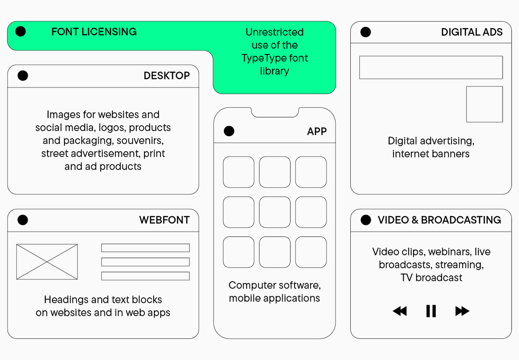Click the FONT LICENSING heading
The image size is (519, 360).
pyautogui.click(x=94, y=32)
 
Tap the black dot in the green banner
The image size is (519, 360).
pyautogui.click(x=20, y=32)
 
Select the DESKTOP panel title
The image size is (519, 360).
pyautogui.click(x=167, y=76)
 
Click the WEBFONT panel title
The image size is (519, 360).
pyautogui.click(x=164, y=220)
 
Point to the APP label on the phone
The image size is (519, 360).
pyautogui.click(x=317, y=131)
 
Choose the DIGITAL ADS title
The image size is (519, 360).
pyautogui.click(x=472, y=32)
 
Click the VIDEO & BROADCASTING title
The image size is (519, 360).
pyautogui.click(x=439, y=220)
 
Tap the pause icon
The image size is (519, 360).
pyautogui.click(x=431, y=311)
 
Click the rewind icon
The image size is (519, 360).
pyautogui.click(x=400, y=311)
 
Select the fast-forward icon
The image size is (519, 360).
pyautogui.click(x=462, y=311)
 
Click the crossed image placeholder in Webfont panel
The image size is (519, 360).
pyautogui.click(x=47, y=262)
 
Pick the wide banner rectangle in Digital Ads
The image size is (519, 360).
pyautogui.click(x=431, y=67)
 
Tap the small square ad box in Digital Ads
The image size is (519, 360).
pyautogui.click(x=484, y=104)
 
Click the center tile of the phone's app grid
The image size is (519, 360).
pyautogui.click(x=275, y=212)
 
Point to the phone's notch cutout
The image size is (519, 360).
pyautogui.click(x=275, y=113)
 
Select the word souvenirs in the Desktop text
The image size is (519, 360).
pyautogui.click(x=140, y=140)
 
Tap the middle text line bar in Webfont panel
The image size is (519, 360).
pyautogui.click(x=145, y=262)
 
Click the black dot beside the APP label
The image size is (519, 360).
pyautogui.click(x=229, y=131)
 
